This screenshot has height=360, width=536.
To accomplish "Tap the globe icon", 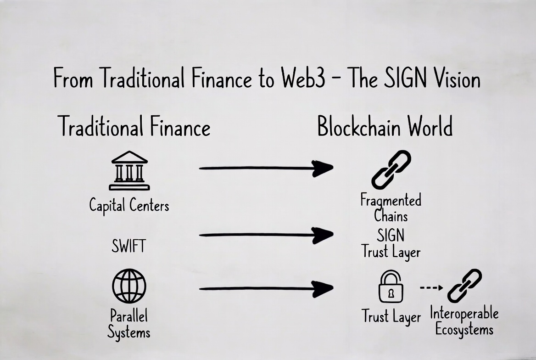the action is [129, 286].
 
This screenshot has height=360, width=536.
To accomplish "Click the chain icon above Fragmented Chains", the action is [391, 169].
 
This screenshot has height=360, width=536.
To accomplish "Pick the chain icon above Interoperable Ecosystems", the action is [464, 286].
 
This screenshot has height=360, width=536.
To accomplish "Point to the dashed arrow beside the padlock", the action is [431, 288].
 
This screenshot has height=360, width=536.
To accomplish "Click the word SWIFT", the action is [128, 247].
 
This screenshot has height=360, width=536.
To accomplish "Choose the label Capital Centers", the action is [129, 205].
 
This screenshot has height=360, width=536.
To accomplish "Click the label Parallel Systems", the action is [129, 324].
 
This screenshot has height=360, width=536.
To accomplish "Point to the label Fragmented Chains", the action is [391, 208].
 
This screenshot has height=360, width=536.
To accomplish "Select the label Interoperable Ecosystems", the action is [464, 321].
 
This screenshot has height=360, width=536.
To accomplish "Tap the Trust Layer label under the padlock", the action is [391, 317].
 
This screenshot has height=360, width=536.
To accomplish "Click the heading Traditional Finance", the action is [134, 126].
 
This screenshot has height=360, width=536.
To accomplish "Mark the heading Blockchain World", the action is [385, 126].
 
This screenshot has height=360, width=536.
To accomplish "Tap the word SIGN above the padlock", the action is [391, 236].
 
